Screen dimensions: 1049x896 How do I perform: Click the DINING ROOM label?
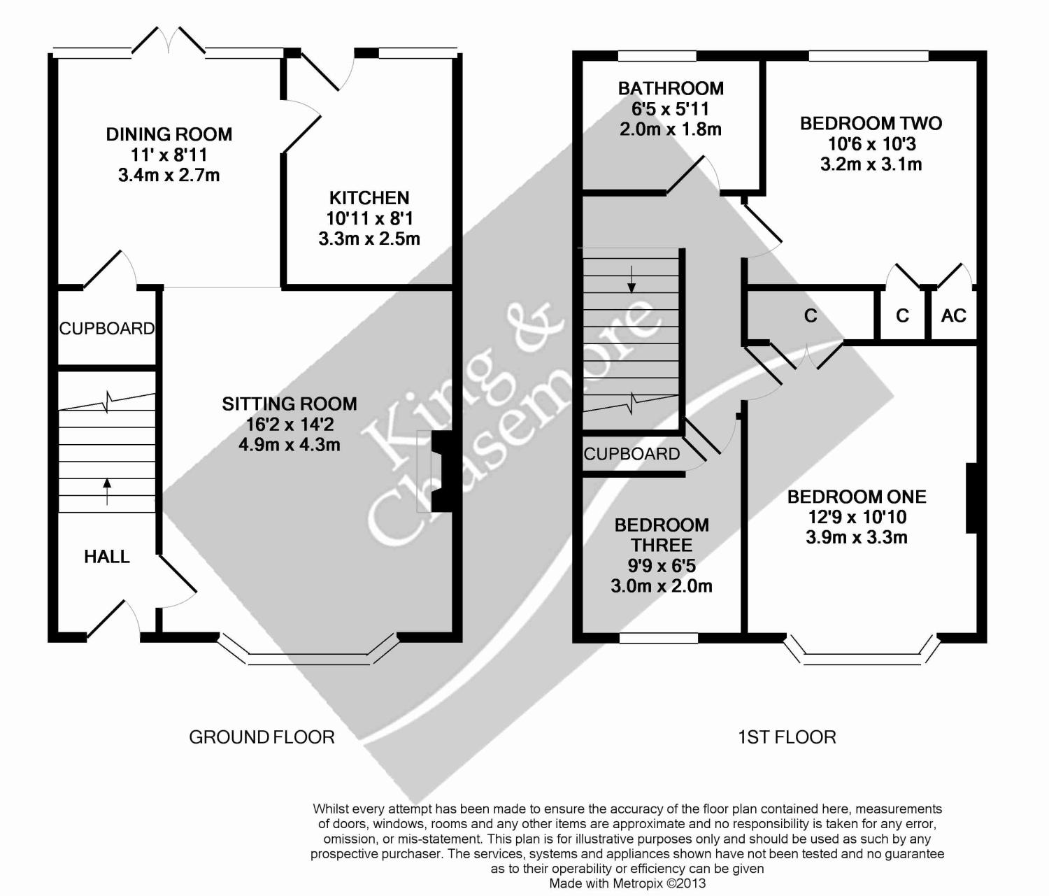169,134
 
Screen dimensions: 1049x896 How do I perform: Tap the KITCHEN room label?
369,198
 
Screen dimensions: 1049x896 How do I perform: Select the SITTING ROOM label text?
290,404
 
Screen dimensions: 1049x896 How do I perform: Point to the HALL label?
106,557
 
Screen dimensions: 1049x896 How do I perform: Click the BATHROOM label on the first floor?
671,89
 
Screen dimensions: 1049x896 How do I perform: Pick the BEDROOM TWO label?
871,124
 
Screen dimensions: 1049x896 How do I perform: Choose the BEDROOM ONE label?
857,497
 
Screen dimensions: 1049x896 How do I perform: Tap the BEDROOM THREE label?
661,535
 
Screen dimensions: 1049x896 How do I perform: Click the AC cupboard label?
953,316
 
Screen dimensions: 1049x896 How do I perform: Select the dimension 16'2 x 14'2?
290,425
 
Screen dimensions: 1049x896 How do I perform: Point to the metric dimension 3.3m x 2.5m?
369,239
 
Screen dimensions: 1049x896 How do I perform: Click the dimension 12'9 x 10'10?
857,518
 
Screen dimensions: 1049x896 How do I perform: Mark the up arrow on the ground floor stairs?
106,491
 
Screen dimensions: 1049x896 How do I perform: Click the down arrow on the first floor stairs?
632,279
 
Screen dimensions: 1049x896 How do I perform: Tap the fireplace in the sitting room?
442,471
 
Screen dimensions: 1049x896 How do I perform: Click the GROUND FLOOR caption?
262,737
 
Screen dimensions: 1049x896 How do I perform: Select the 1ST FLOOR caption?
787,737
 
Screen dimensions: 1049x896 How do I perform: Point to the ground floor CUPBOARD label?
106,329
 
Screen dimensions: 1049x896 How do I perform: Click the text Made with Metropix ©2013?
627,884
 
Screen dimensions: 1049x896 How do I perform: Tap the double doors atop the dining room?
169,41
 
